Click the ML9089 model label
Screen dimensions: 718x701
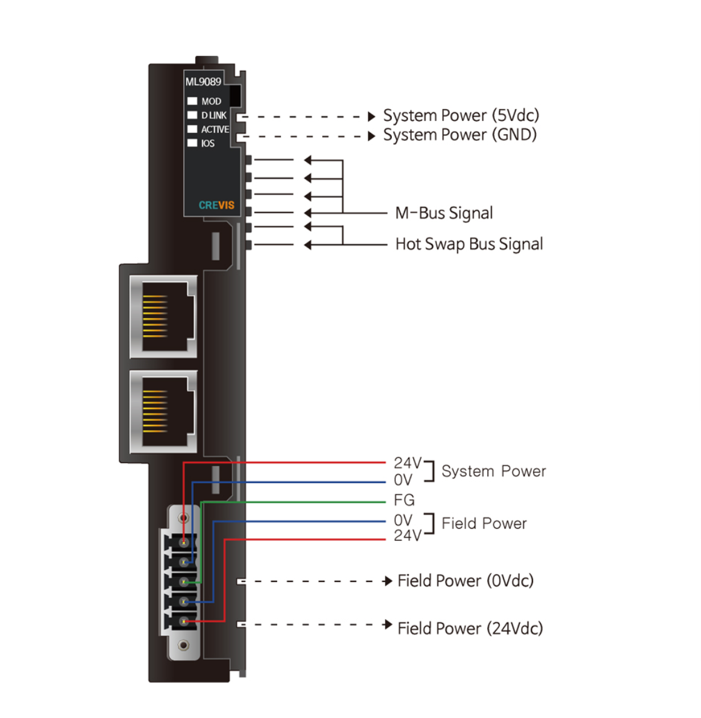203,82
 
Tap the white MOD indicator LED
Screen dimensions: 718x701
192,101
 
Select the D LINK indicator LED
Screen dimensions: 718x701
192,115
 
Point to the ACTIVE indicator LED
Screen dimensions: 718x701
192,129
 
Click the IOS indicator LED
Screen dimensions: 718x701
192,143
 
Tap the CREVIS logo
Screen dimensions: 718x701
216,205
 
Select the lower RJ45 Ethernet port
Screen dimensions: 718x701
164,411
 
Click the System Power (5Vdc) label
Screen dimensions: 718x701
461,116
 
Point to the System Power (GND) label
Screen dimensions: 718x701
460,135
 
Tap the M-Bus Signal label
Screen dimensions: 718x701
444,214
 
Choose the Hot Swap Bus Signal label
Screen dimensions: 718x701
469,244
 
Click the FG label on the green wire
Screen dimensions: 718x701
404,500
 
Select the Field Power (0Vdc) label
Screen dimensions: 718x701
465,581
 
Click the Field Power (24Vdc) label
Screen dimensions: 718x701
470,628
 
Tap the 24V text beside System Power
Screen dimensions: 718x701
408,463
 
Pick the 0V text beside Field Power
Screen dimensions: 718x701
403,521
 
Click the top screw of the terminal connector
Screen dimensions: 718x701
184,518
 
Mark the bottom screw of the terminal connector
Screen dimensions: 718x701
184,645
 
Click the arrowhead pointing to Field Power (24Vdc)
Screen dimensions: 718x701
388,624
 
